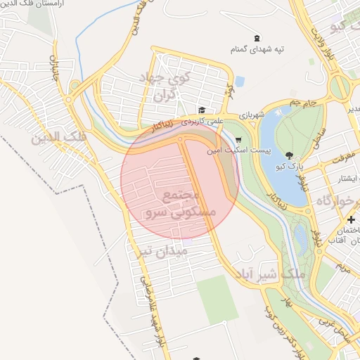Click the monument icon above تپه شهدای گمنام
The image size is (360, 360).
pyautogui.click(x=254, y=38)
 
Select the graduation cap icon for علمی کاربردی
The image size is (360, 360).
pyautogui.click(x=202, y=110)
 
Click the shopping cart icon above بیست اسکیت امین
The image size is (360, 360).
pyautogui.click(x=239, y=139)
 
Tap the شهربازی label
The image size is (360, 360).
pyautogui.click(x=252, y=112)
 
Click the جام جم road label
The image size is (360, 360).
pyautogui.click(x=307, y=103)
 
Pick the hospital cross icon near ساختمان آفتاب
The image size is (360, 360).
pyautogui.click(x=352, y=220)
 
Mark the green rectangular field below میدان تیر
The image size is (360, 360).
pyautogui.click(x=217, y=299)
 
